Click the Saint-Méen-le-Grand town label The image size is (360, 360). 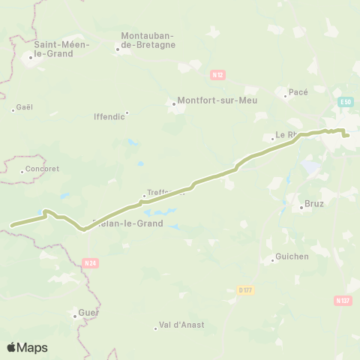point(59,49)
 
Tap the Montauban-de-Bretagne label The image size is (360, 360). point(148,40)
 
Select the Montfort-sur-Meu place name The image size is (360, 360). point(208,102)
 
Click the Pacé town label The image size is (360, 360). point(299,92)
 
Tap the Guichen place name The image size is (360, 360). point(292,256)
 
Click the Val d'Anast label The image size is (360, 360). point(182,325)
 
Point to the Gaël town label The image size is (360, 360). point(25,107)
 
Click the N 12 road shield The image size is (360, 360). point(217,75)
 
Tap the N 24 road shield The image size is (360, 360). point(91,262)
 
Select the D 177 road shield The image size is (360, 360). point(244,289)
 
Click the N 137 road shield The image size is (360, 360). point(343,300)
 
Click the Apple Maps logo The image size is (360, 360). point(27,347)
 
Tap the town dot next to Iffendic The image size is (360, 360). point(127,113)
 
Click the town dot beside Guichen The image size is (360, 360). point(272,260)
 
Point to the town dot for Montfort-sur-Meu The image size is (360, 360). point(174,104)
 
